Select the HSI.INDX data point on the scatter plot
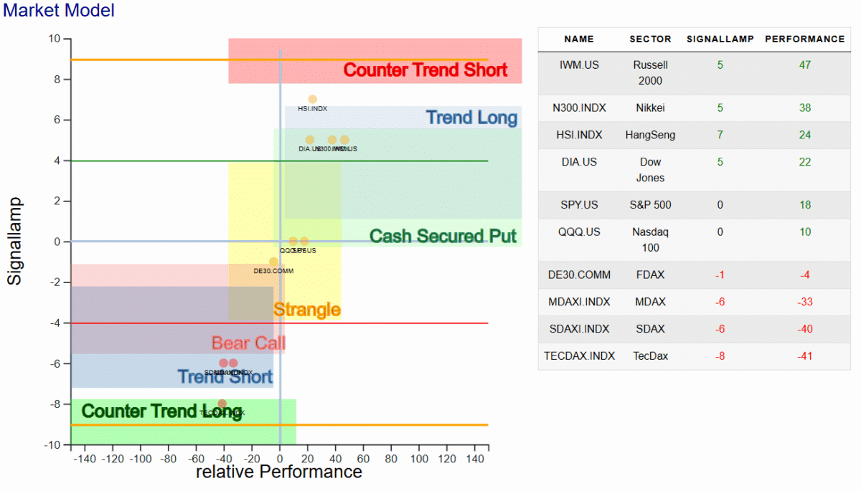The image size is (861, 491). click(x=313, y=100)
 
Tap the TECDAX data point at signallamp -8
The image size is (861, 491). click(x=222, y=404)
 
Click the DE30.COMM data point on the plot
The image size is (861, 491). click(x=273, y=262)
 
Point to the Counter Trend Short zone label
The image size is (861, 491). click(x=425, y=70)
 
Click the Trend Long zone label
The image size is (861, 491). click(x=471, y=118)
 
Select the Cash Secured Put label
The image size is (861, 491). click(x=443, y=237)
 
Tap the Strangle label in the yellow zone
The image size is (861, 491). click(x=307, y=310)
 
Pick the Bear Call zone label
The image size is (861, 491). click(x=248, y=343)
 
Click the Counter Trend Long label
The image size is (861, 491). click(x=151, y=411)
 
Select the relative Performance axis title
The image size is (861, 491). click(x=278, y=472)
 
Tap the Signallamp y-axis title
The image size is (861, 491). click(x=15, y=242)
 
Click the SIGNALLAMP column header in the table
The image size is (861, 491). click(x=720, y=39)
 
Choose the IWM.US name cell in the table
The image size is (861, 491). click(x=579, y=65)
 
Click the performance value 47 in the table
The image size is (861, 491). click(x=805, y=65)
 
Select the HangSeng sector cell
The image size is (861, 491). click(x=650, y=135)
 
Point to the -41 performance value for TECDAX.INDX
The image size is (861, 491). click(x=805, y=356)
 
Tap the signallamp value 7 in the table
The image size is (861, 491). click(x=720, y=135)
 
